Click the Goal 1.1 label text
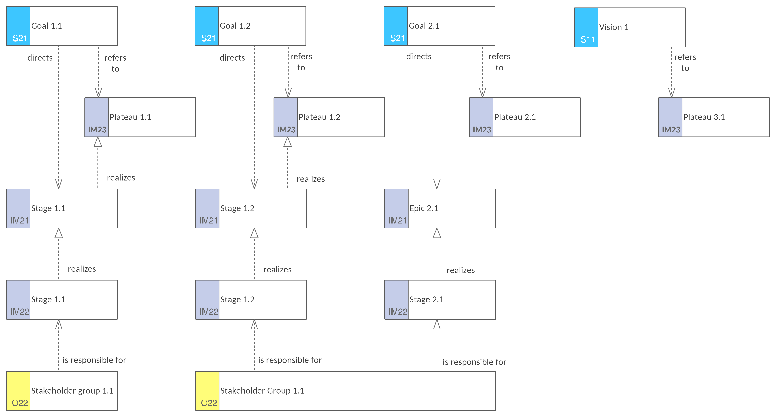click(x=47, y=26)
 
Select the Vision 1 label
click(x=614, y=27)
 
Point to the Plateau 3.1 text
click(x=704, y=117)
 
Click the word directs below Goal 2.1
click(x=419, y=57)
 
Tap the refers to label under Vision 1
click(x=685, y=63)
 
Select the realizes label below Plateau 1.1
click(x=121, y=178)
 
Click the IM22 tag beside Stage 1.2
click(x=209, y=312)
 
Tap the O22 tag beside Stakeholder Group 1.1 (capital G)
click(x=209, y=403)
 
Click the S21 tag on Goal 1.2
click(x=208, y=38)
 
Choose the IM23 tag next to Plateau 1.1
click(x=97, y=129)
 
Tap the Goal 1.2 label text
click(x=235, y=26)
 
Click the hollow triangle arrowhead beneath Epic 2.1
click(x=437, y=233)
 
